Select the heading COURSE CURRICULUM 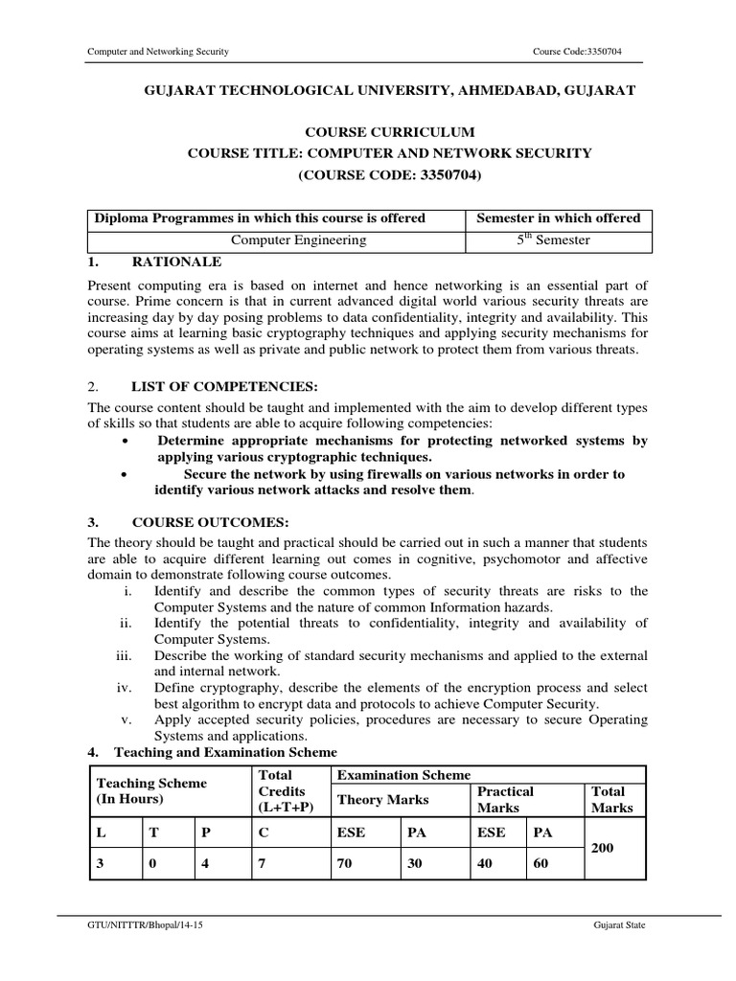(x=388, y=132)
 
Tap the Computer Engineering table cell (x=276, y=240)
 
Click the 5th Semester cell (x=558, y=240)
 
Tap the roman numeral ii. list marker (x=125, y=623)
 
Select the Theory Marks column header (x=382, y=800)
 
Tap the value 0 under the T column (x=152, y=863)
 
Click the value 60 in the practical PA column (x=541, y=863)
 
